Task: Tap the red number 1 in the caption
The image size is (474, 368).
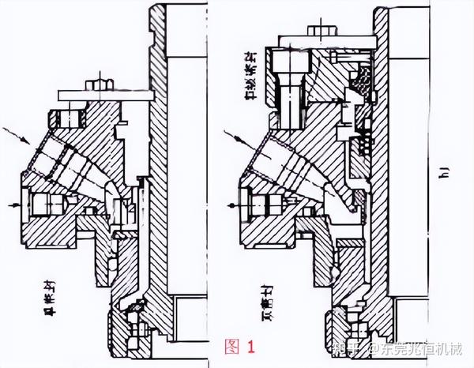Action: point(251,345)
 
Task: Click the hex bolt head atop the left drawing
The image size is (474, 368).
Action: point(99,83)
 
